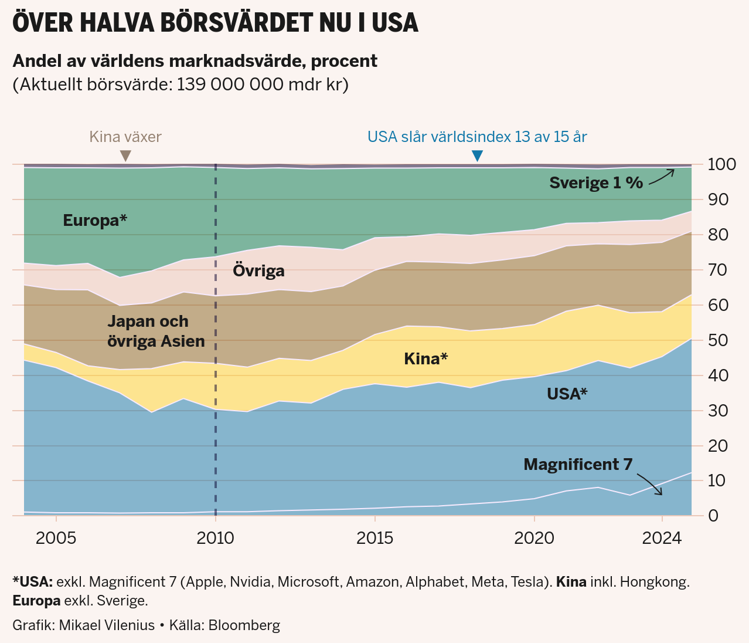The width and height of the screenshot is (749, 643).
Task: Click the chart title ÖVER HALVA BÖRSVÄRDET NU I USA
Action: click(215, 23)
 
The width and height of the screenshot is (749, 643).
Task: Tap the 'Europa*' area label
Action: click(95, 221)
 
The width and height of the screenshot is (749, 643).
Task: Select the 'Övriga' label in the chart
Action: click(258, 270)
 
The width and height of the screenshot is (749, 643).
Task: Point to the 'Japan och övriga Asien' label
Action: click(156, 331)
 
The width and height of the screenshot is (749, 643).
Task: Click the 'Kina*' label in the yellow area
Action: click(425, 358)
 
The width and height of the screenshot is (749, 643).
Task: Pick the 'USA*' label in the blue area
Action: click(567, 394)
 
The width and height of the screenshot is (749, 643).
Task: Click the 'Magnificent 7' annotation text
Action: click(578, 465)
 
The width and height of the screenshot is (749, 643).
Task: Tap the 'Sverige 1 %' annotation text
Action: click(596, 183)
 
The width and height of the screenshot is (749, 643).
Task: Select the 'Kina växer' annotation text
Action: click(125, 137)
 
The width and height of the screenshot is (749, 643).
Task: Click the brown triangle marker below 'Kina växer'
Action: click(125, 155)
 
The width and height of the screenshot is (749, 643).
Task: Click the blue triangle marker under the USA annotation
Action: click(478, 155)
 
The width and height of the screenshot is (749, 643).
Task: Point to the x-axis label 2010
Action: click(216, 538)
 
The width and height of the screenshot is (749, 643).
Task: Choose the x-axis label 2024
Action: click(662, 538)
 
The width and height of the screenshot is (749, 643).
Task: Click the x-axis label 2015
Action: click(375, 538)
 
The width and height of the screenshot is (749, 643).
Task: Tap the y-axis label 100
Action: click(722, 164)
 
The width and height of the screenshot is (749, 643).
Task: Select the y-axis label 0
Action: click(712, 516)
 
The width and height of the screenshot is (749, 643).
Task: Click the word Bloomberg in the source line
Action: click(244, 625)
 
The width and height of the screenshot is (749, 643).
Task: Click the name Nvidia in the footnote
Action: click(250, 582)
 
